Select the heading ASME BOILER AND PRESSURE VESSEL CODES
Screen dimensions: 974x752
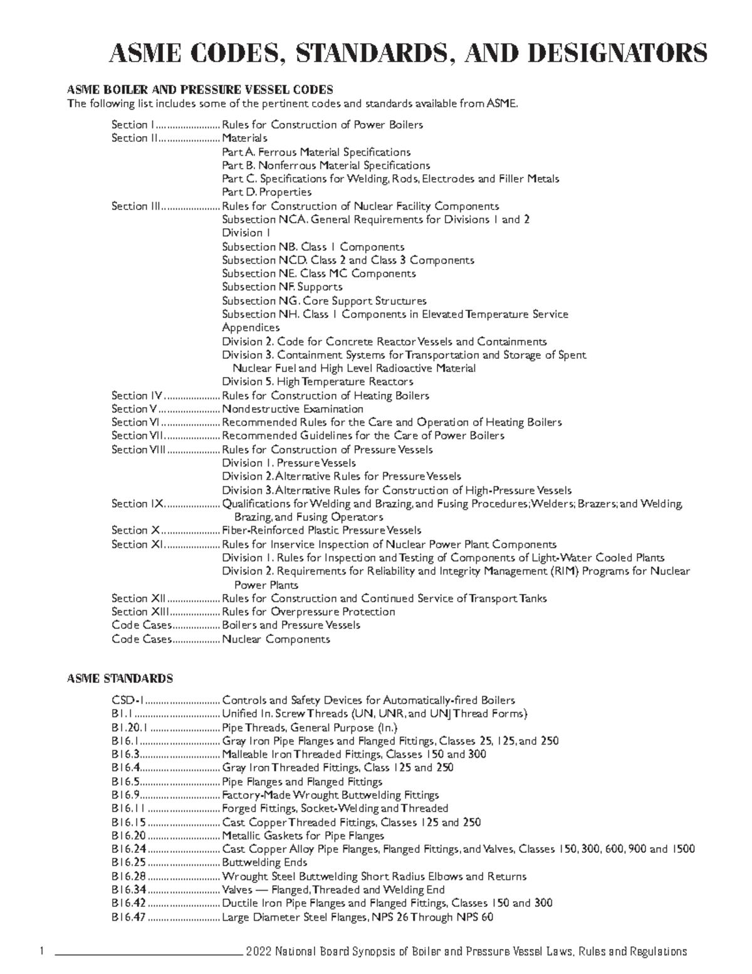click(x=200, y=90)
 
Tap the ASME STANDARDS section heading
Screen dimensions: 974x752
click(x=120, y=679)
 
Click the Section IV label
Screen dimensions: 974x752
click(x=137, y=396)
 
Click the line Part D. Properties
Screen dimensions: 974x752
click(x=266, y=192)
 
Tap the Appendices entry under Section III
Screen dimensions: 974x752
click(x=251, y=327)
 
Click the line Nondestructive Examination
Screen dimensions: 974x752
click(x=293, y=409)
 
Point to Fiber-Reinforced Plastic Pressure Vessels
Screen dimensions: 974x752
click(x=321, y=531)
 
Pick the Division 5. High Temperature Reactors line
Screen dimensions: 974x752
click(x=317, y=381)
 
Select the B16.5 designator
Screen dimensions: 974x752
click(x=126, y=782)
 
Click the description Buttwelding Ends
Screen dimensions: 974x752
click(x=264, y=863)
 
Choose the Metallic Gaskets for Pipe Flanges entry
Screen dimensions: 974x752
click(x=303, y=836)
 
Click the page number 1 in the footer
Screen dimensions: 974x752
click(x=41, y=952)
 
